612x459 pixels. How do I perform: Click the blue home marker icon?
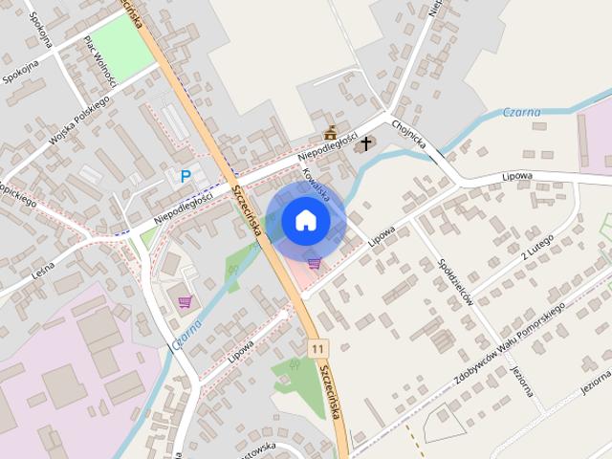pos(304,220)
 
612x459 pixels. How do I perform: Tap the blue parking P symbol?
pos(185,176)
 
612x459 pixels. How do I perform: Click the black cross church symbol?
pos(365,144)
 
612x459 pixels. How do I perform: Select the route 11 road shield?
pos(317,349)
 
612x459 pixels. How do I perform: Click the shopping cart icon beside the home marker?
pos(314,263)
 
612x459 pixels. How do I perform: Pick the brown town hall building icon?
pos(331,133)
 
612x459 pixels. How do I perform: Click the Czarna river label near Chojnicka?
pos(521,113)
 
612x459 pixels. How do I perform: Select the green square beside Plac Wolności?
pos(122,49)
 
